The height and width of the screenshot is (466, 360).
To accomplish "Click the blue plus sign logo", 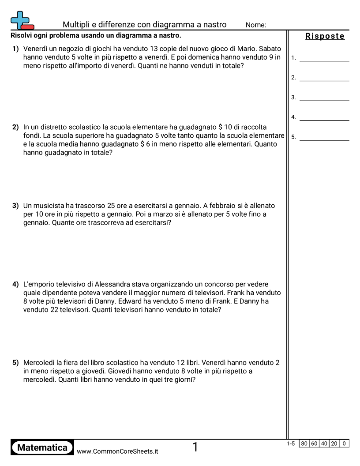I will [19, 19].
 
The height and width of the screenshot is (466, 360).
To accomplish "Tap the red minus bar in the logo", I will [27, 27].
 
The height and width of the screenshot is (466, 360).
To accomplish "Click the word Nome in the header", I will [256, 25].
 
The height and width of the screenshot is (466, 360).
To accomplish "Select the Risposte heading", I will [325, 36].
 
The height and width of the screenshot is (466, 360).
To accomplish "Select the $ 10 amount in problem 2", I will [225, 127].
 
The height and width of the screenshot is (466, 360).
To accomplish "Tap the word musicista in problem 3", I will [48, 206].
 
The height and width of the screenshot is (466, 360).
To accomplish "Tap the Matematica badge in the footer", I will [42, 447].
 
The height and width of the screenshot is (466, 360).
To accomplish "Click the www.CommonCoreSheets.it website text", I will [117, 451].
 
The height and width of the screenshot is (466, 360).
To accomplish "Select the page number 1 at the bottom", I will [195, 447].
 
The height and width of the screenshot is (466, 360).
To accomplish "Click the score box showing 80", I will [304, 443].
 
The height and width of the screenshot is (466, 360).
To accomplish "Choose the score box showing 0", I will [344, 443].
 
